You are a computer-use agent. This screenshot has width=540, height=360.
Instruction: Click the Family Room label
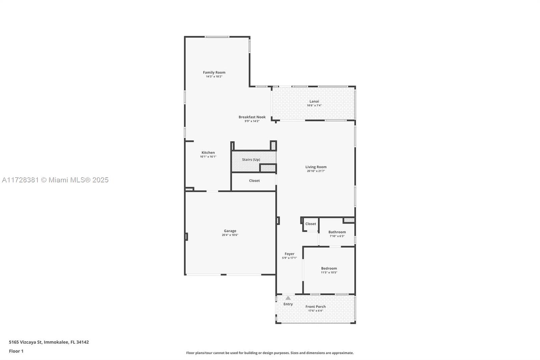[x=214, y=72]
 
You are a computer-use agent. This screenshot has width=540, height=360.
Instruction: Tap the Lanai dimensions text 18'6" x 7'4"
[x=314, y=105]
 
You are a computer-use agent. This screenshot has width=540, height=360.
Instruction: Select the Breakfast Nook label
[x=252, y=117]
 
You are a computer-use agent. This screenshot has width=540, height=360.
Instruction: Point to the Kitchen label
[x=208, y=153]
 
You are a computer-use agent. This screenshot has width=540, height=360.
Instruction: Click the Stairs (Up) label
[x=251, y=159]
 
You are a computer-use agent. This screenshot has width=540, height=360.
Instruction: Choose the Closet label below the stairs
[x=254, y=180]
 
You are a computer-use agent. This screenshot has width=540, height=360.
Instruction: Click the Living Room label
[x=316, y=167]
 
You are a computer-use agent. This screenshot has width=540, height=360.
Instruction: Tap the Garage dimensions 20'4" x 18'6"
[x=230, y=235]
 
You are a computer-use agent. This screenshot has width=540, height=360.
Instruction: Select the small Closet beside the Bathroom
[x=310, y=224]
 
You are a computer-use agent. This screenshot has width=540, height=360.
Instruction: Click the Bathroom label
[x=337, y=232]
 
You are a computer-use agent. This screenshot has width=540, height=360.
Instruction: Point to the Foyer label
[x=289, y=254]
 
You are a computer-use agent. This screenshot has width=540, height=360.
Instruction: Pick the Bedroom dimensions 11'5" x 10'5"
[x=329, y=273]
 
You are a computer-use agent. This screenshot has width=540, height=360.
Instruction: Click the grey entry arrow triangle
[x=288, y=298]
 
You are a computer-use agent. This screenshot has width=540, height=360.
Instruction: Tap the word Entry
[x=288, y=304]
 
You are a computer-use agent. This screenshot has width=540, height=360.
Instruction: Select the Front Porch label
[x=316, y=307]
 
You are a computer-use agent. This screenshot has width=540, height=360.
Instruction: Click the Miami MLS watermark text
[x=55, y=180]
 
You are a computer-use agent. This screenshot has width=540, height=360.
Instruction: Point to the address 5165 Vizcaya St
[x=26, y=342]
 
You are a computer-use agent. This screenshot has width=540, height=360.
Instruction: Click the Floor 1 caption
[x=16, y=351]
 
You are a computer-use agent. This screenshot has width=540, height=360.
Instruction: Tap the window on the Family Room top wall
[x=217, y=37]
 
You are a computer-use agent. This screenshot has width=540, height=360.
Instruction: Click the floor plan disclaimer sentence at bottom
[x=270, y=353]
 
